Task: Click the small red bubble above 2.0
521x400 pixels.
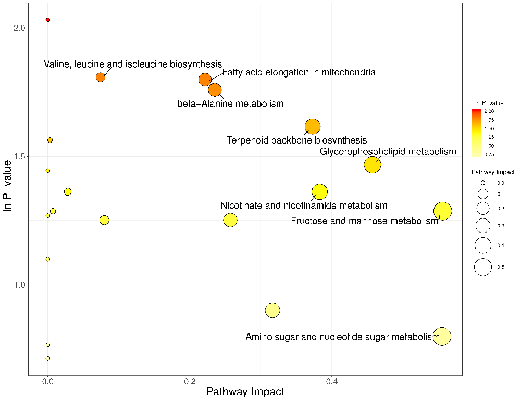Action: click(x=48, y=20)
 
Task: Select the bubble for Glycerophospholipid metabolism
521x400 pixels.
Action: click(x=373, y=165)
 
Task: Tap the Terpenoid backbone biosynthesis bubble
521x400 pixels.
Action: click(x=312, y=126)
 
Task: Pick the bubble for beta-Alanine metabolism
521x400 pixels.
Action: click(x=215, y=90)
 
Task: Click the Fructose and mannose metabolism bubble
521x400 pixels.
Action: click(x=442, y=211)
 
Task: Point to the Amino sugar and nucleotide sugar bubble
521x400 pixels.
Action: click(x=442, y=336)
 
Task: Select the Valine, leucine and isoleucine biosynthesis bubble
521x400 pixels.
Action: click(x=101, y=78)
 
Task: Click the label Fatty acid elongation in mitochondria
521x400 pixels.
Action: click(x=299, y=72)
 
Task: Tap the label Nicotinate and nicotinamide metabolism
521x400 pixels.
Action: click(x=304, y=206)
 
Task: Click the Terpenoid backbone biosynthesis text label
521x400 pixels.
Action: click(x=297, y=140)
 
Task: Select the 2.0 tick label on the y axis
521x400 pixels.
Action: click(x=19, y=28)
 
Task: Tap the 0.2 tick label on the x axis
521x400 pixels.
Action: click(x=190, y=381)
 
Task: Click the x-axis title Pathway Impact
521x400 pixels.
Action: click(x=245, y=392)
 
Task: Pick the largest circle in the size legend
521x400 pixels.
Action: click(x=483, y=267)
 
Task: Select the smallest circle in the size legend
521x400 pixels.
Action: click(x=483, y=183)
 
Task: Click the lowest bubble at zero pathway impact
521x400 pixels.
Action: click(x=48, y=358)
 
